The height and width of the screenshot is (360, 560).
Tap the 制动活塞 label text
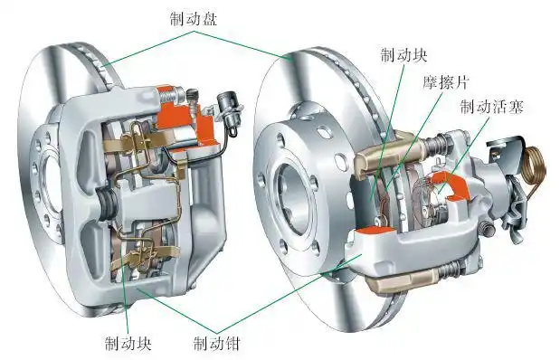tap(491, 108)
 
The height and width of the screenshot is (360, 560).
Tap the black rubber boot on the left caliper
tap(108, 203)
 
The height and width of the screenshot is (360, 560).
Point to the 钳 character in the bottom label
tap(238, 343)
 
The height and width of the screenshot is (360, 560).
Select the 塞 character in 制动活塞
tap(516, 108)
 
